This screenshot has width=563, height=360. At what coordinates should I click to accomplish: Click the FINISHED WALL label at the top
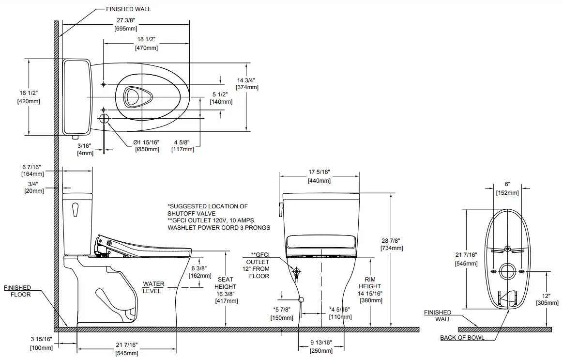coord(128,9)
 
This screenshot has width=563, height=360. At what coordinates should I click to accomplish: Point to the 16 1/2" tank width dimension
coord(29,93)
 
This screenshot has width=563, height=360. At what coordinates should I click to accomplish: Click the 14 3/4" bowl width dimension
coord(246,80)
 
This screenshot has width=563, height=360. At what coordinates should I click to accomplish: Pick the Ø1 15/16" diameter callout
coord(146,142)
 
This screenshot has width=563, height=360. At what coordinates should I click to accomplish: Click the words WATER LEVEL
coord(153,287)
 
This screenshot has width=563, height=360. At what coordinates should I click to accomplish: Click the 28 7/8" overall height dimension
coord(391,241)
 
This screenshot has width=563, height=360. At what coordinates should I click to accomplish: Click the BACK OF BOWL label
coord(462,338)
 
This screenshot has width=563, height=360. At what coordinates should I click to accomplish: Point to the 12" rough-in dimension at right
coord(546,296)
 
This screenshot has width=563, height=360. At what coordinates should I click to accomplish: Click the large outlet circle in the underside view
coord(507,271)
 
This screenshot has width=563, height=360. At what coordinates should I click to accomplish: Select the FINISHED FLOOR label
coord(17,291)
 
